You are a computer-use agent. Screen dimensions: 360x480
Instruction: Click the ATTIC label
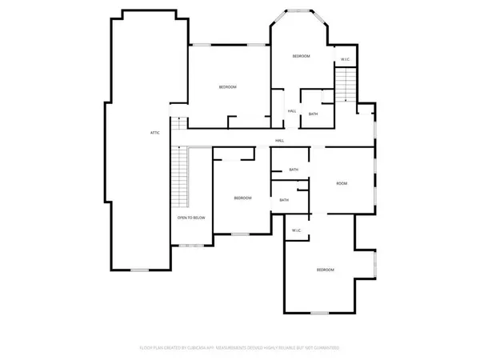tap(154, 132)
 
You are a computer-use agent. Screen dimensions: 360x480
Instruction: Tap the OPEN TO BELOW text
tap(192, 218)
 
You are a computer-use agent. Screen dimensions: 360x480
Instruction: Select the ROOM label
tap(342, 184)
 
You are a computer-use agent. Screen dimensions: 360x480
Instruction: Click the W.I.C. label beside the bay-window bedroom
tap(345, 60)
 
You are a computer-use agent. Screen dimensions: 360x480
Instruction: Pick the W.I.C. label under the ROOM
tap(296, 230)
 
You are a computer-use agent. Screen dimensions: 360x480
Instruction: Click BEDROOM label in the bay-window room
tap(301, 56)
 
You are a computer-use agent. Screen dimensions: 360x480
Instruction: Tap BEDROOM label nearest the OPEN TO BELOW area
tap(242, 198)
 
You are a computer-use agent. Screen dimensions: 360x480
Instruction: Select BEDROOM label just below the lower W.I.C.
tap(325, 270)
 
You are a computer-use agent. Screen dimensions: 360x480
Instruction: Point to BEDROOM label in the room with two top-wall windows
tap(228, 86)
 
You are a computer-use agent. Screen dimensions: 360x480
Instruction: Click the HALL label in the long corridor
tap(279, 141)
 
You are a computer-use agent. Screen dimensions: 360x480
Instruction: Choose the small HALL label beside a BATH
tap(292, 110)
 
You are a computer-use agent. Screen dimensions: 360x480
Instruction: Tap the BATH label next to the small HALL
tap(313, 114)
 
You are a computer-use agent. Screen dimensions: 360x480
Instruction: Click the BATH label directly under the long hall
tap(294, 170)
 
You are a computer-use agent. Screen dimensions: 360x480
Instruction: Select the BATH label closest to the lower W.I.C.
tap(285, 200)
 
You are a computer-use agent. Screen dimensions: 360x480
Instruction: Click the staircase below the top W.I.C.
tap(344, 84)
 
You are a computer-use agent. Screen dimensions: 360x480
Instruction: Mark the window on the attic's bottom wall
tap(140, 270)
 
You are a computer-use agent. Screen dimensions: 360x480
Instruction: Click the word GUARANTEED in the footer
tap(327, 348)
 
